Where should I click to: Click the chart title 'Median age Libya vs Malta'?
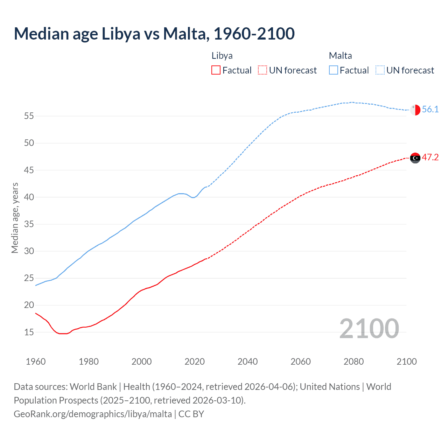click(154, 34)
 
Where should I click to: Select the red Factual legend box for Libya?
click(216, 70)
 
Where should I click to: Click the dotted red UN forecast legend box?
click(262, 70)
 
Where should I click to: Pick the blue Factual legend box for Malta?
click(333, 70)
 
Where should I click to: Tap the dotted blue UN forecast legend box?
click(380, 70)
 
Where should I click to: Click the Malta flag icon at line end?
click(415, 110)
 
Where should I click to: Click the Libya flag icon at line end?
click(415, 158)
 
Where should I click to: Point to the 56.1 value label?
click(430, 110)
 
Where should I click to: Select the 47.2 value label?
click(430, 157)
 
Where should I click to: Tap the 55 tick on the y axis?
click(29, 116)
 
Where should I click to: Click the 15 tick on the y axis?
click(29, 332)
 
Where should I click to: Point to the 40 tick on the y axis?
click(29, 197)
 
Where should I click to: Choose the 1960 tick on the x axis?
click(36, 362)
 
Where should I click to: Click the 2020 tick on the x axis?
click(195, 362)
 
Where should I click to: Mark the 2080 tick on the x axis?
click(353, 362)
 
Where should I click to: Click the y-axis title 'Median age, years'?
click(15, 218)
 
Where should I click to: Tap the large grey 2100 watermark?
click(369, 329)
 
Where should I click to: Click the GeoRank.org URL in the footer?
click(93, 414)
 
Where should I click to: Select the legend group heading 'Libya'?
click(222, 56)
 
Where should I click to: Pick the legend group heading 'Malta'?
click(340, 56)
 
